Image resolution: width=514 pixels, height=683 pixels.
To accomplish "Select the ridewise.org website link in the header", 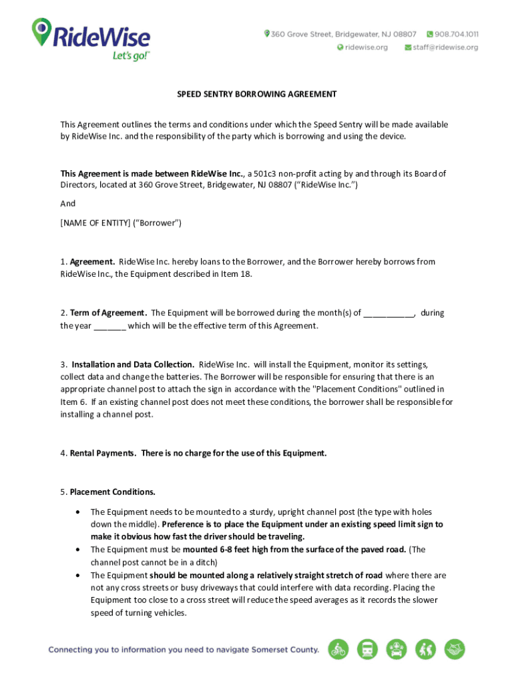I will click(366, 47).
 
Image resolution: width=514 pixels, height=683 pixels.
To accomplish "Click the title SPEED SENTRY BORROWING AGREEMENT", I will click(256, 95).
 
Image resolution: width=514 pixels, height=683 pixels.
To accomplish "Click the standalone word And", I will click(68, 204).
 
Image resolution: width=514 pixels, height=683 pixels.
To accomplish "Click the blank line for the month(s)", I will click(390, 313).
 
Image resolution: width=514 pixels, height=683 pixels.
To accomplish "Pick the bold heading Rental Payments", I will click(103, 454).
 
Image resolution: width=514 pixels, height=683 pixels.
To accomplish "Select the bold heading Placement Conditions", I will click(112, 492).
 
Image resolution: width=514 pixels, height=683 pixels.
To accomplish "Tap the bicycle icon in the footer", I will click(338, 649).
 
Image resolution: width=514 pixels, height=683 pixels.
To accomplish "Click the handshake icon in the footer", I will click(455, 649).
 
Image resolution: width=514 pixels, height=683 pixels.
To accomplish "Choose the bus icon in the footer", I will click(368, 649).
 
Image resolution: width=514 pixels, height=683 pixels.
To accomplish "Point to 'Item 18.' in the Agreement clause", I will click(238, 274).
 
